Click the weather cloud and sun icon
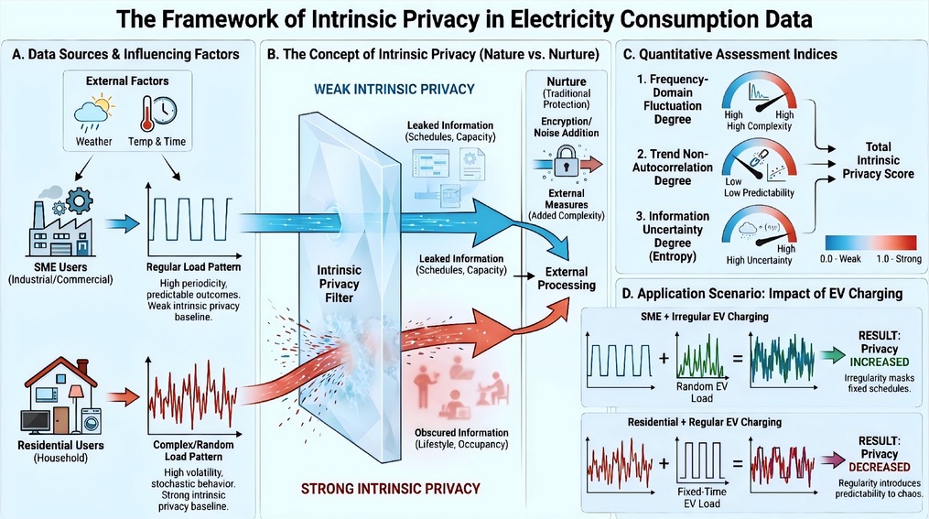pos(94,113)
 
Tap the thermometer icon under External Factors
pos(146,114)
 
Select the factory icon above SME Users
pos(60,221)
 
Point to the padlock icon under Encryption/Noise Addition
pos(566,161)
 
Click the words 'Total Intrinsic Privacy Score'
pos(878,160)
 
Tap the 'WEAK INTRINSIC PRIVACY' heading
pos(394,90)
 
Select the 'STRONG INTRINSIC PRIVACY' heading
pos(391,489)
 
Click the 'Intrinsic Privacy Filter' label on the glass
pos(339,284)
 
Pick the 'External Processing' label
pos(567,278)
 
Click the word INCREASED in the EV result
pos(880,362)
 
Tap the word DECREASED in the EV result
pos(880,467)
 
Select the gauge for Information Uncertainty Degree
pos(759,227)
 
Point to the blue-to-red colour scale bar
pos(870,243)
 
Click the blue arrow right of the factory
pos(122,223)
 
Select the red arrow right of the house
pos(124,397)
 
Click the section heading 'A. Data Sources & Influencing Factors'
pos(125,55)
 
